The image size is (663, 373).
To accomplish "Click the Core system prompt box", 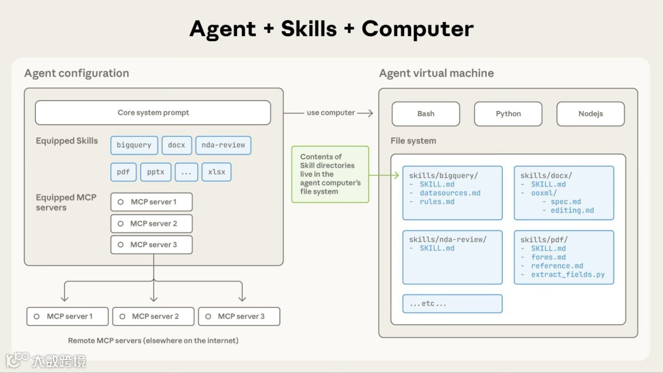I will pyautogui.click(x=153, y=113).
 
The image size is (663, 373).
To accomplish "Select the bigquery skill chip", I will pyautogui.click(x=134, y=145).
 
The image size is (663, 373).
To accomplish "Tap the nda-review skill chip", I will pyautogui.click(x=223, y=145).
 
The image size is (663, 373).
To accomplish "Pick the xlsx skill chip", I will pyautogui.click(x=217, y=172).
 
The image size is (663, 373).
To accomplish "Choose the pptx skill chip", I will pyautogui.click(x=156, y=172).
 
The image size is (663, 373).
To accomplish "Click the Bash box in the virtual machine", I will pyautogui.click(x=425, y=113).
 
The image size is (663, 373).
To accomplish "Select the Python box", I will pyautogui.click(x=508, y=113).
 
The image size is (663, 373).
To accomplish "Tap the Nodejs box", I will pyautogui.click(x=590, y=113).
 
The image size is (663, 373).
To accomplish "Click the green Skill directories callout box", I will pyautogui.click(x=330, y=174).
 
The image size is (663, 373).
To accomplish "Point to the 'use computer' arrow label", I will pyautogui.click(x=331, y=113).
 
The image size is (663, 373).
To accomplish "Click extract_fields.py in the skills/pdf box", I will pyautogui.click(x=568, y=275).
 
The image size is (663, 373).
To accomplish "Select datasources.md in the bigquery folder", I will pyautogui.click(x=450, y=193).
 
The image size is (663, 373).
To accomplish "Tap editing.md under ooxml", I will pyautogui.click(x=572, y=210).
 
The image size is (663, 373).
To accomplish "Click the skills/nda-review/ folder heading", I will pyautogui.click(x=448, y=240).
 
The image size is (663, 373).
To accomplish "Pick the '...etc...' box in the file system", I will pyautogui.click(x=452, y=304).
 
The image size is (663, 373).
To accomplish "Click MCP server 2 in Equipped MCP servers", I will pyautogui.click(x=152, y=223).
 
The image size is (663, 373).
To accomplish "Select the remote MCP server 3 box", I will pyautogui.click(x=239, y=317).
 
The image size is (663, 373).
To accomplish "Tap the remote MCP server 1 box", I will pyautogui.click(x=68, y=317).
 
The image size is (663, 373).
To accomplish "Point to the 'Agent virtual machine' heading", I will pyautogui.click(x=436, y=73).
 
